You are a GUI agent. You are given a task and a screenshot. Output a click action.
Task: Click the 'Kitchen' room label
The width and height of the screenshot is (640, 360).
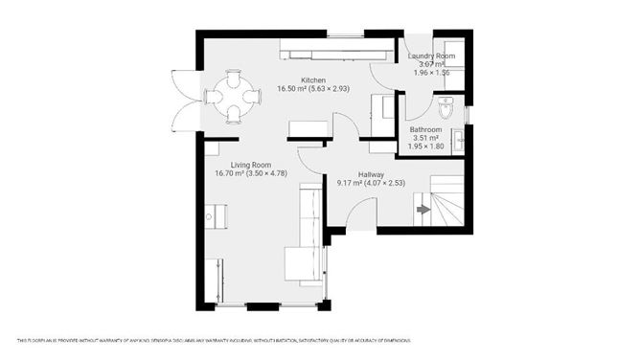click(x=313, y=79)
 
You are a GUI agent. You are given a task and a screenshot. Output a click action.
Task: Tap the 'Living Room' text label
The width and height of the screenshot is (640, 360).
click(x=238, y=164)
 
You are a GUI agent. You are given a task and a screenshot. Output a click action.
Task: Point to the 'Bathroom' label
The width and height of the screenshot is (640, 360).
click(x=425, y=129)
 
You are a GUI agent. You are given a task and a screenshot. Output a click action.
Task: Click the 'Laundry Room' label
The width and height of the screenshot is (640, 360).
click(x=432, y=56)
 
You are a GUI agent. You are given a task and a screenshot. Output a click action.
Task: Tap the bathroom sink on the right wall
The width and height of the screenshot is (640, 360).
click(x=461, y=141)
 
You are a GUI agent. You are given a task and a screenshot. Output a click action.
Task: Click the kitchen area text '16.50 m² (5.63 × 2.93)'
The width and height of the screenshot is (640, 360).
click(x=313, y=89)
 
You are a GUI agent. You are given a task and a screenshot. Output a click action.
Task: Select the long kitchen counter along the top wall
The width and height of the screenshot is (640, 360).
click(x=335, y=50)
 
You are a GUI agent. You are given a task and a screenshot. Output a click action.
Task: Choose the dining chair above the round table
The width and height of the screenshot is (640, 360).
click(x=235, y=76)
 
